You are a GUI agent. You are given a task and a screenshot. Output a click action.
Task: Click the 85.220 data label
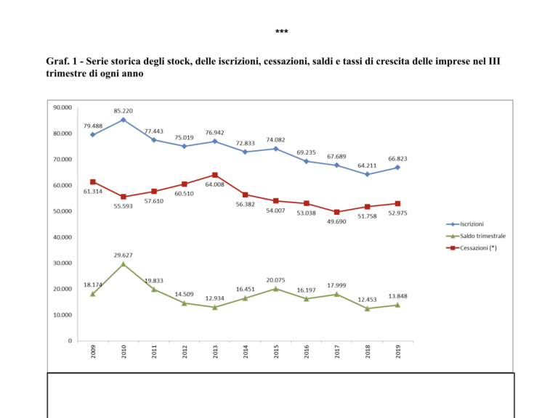pyautogui.click(x=123, y=111)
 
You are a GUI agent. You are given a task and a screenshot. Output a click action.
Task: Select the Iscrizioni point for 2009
pyautogui.click(x=92, y=134)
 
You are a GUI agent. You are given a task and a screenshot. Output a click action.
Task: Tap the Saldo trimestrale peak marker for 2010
pyautogui.click(x=123, y=264)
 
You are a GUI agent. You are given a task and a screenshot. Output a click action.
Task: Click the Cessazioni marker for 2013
pyautogui.click(x=214, y=175)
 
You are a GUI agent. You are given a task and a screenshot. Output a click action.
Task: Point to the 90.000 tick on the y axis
pyautogui.click(x=62, y=107)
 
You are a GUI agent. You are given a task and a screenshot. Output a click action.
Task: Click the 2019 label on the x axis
pyautogui.click(x=398, y=352)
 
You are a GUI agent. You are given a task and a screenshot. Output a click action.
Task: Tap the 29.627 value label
pyautogui.click(x=123, y=255)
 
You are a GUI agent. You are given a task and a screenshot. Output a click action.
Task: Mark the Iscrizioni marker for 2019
pyautogui.click(x=397, y=168)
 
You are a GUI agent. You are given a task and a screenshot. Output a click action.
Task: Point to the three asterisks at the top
pyautogui.click(x=281, y=33)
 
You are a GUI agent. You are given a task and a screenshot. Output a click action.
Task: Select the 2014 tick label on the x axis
pyautogui.click(x=246, y=352)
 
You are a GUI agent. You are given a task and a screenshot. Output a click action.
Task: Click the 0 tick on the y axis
pyautogui.click(x=70, y=341)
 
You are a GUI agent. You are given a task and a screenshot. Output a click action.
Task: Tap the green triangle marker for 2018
pyautogui.click(x=367, y=308)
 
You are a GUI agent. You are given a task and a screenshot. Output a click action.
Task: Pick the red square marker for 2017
pyautogui.click(x=336, y=212)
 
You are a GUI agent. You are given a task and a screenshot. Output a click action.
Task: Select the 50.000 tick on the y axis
pyautogui.click(x=62, y=211)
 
